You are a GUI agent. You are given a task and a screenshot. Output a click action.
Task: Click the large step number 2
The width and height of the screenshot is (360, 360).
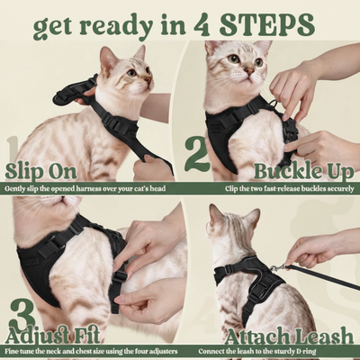click(x=197, y=154)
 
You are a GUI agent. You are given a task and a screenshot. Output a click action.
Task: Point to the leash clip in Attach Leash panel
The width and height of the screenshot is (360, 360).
click(x=277, y=266)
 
